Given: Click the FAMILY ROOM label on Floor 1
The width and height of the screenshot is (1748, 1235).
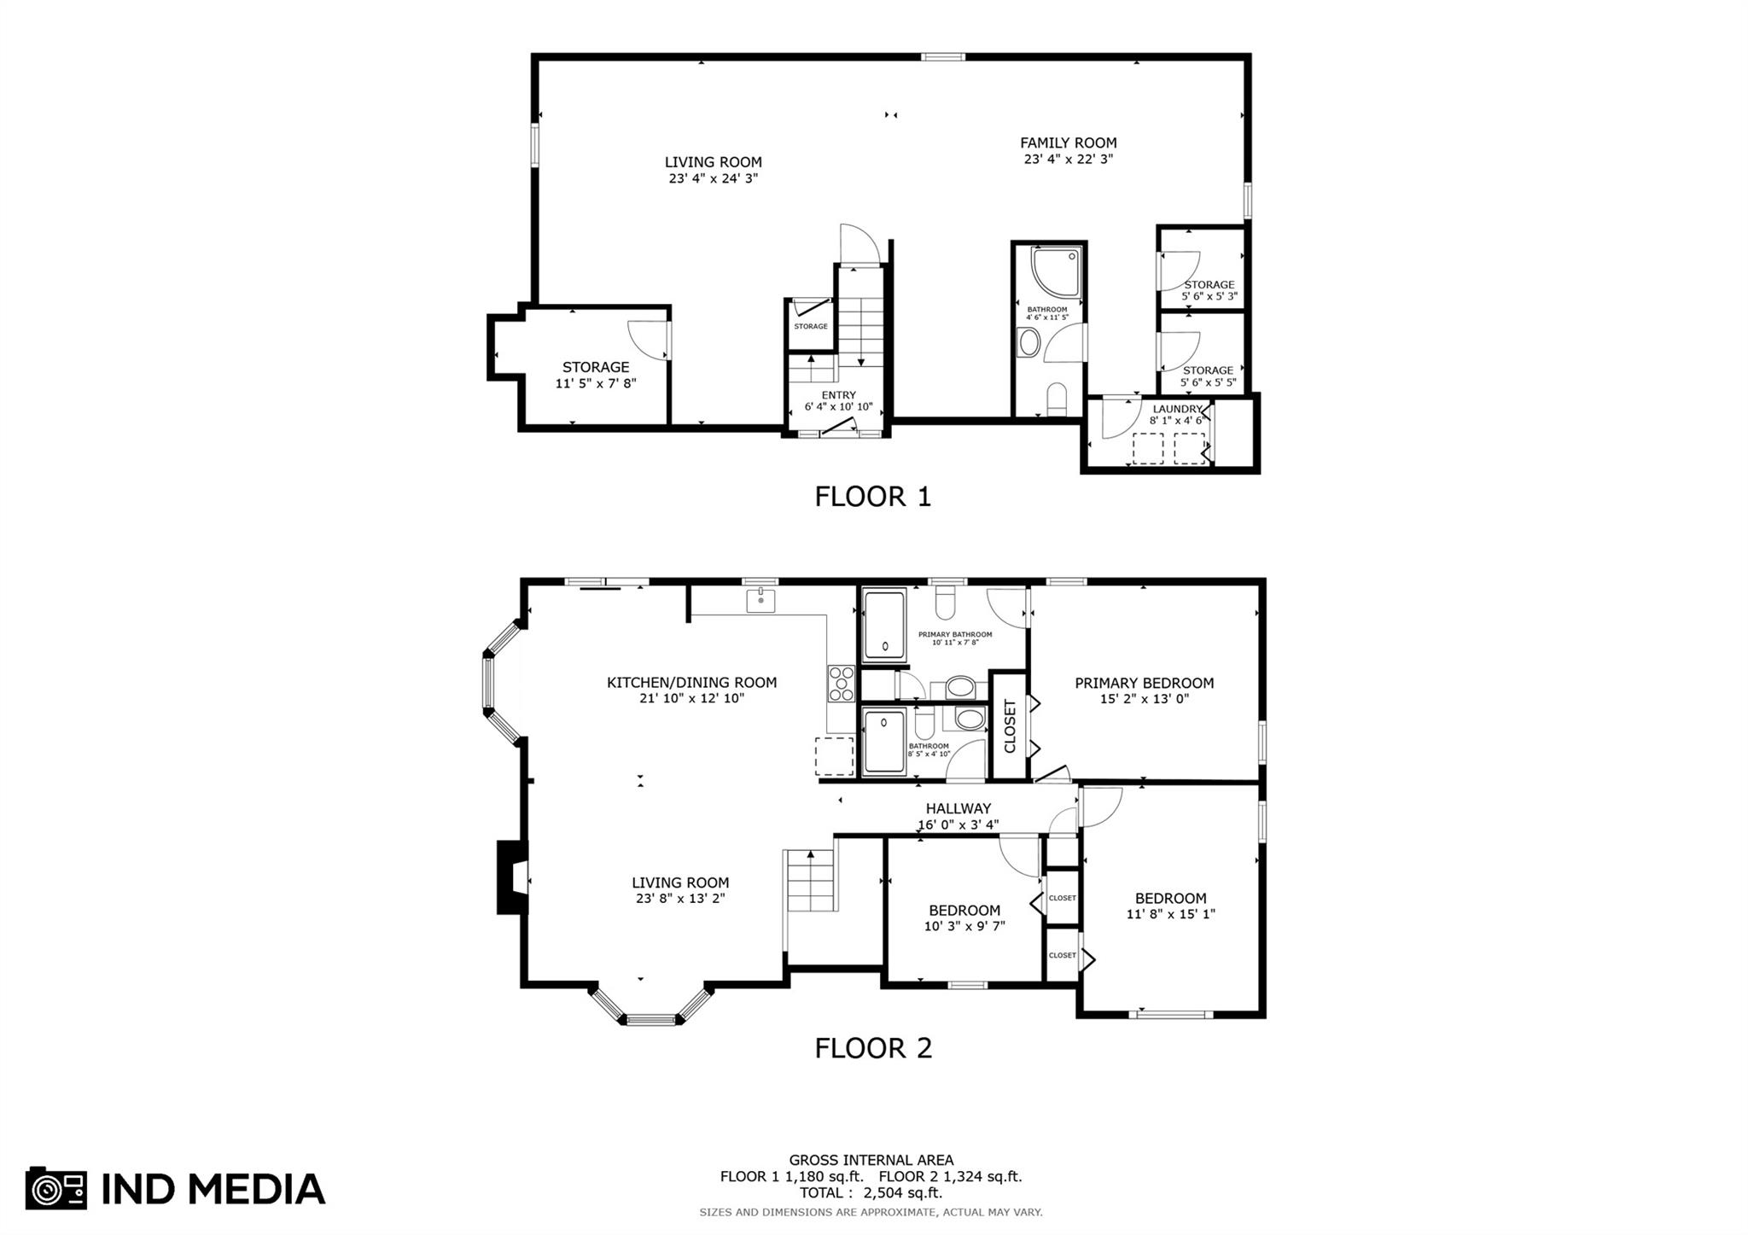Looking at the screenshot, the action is click(x=1068, y=143).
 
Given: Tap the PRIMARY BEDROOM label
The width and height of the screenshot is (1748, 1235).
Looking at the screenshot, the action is click(x=1144, y=683).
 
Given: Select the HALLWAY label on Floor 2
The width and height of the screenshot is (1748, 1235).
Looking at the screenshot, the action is click(x=958, y=808).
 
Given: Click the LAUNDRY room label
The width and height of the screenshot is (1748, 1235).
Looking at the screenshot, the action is click(x=1177, y=409).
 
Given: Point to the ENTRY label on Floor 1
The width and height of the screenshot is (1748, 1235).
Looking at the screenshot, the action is click(x=838, y=395).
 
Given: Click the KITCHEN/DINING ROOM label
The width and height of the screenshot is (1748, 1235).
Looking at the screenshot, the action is click(x=691, y=682).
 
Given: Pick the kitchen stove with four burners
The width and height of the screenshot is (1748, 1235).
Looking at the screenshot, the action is click(x=841, y=684).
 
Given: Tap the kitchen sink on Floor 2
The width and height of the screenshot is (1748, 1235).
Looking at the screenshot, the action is click(x=760, y=600).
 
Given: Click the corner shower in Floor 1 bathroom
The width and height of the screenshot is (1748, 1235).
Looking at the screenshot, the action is click(x=1056, y=271).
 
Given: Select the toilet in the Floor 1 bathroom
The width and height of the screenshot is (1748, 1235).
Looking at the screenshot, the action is click(x=1057, y=399).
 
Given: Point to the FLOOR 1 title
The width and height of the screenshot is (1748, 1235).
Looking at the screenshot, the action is click(x=872, y=496).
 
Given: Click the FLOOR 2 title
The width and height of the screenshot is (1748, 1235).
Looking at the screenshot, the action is click(x=873, y=1047).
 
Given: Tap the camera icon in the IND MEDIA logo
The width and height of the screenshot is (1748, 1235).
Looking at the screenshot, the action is click(x=56, y=1188).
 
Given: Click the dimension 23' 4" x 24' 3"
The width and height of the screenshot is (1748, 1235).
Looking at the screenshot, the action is click(x=714, y=178).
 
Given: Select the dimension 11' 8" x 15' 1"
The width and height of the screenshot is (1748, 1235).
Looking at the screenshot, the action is click(x=1170, y=914).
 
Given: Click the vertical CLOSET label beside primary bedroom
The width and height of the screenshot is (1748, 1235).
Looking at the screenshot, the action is click(x=1010, y=726).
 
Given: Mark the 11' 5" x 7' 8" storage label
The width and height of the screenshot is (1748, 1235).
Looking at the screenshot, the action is click(x=596, y=383).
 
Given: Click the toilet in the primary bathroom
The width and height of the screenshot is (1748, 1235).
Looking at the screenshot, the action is click(x=945, y=602).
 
